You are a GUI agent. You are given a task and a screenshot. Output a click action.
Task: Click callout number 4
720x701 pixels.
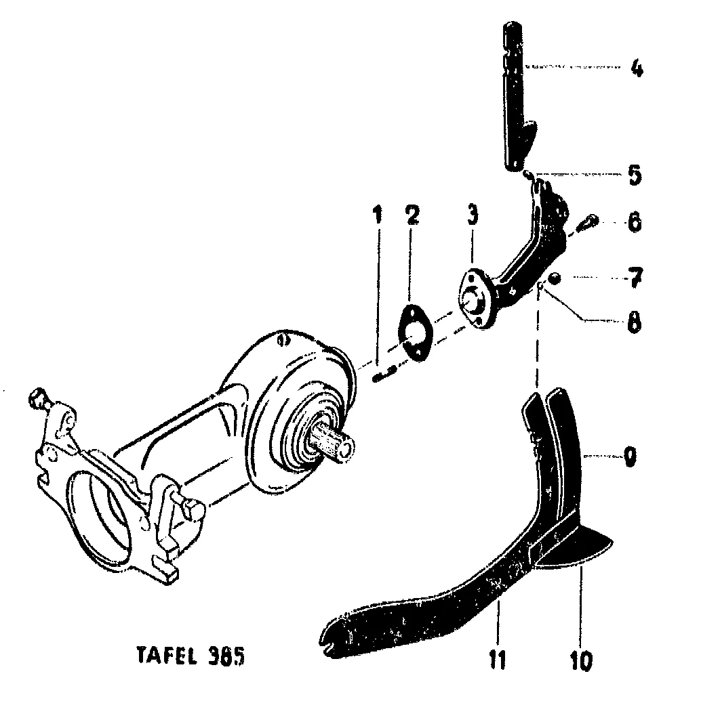click(635, 68)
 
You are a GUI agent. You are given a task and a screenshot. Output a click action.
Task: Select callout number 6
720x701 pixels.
click(635, 223)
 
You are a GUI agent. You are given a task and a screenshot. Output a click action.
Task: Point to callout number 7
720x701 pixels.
click(635, 278)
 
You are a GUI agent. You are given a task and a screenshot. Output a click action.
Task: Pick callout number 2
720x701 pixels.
click(412, 215)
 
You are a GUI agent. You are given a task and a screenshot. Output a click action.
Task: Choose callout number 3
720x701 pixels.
click(472, 215)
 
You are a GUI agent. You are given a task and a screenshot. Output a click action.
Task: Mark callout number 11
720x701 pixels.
click(498, 659)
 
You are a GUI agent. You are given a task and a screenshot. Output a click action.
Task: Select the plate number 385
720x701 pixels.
click(222, 656)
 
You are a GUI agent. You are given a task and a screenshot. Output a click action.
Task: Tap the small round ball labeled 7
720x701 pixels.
click(553, 278)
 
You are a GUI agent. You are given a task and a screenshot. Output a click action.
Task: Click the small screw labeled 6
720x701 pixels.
click(588, 221)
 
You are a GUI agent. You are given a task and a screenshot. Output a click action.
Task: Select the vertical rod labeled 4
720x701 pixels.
click(514, 95)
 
